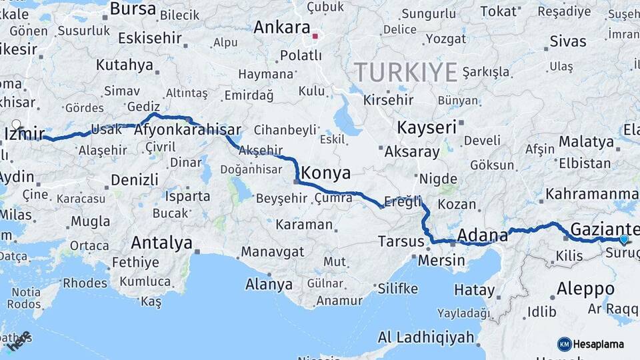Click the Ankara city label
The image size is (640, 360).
coord(282,28)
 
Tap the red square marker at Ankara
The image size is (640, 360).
coord(315,36)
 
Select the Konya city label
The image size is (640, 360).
coord(325,173)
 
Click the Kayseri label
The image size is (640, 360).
coord(427,127)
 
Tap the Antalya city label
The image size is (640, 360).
coord(161,242)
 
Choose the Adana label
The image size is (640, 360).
coord(479,235)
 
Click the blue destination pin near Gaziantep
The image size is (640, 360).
coord(624,239)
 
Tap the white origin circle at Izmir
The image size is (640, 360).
coord(16,124)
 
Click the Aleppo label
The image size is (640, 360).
coord(585,289)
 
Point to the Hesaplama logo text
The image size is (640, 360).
coord(598,344)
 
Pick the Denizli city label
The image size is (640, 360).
coord(135,179)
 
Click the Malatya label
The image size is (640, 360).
coord(586,141)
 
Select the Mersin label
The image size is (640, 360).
coord(441,260)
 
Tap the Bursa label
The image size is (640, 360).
coord(133,9)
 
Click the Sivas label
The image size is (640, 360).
coord(568,41)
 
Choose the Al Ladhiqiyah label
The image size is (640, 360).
coord(426,337)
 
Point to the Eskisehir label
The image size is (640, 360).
coord(150,38)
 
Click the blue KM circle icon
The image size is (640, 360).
coord(564,344)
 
